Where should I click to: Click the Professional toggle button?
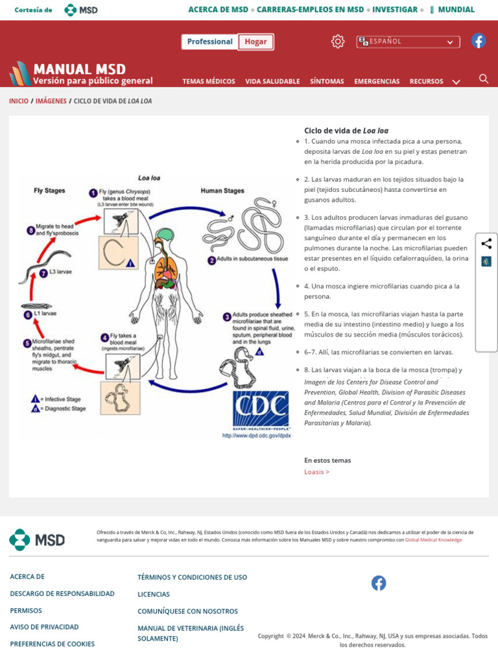click(209, 41)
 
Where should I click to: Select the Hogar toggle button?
click(255, 41)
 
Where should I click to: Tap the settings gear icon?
click(338, 41)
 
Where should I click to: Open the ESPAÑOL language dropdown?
click(408, 41)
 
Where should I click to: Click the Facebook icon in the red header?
click(479, 41)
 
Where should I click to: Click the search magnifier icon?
click(484, 79)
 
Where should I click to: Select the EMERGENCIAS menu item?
click(377, 81)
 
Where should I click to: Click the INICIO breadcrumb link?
click(19, 101)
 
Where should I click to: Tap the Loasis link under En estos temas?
click(316, 471)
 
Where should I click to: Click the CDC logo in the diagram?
click(261, 408)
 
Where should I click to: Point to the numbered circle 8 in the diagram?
click(30, 230)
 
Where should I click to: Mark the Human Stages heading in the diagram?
click(222, 191)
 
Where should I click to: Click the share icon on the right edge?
click(486, 244)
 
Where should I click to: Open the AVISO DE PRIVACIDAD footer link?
click(44, 627)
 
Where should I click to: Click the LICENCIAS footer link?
click(154, 594)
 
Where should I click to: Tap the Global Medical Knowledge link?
click(433, 539)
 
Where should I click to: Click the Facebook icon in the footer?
click(379, 583)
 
